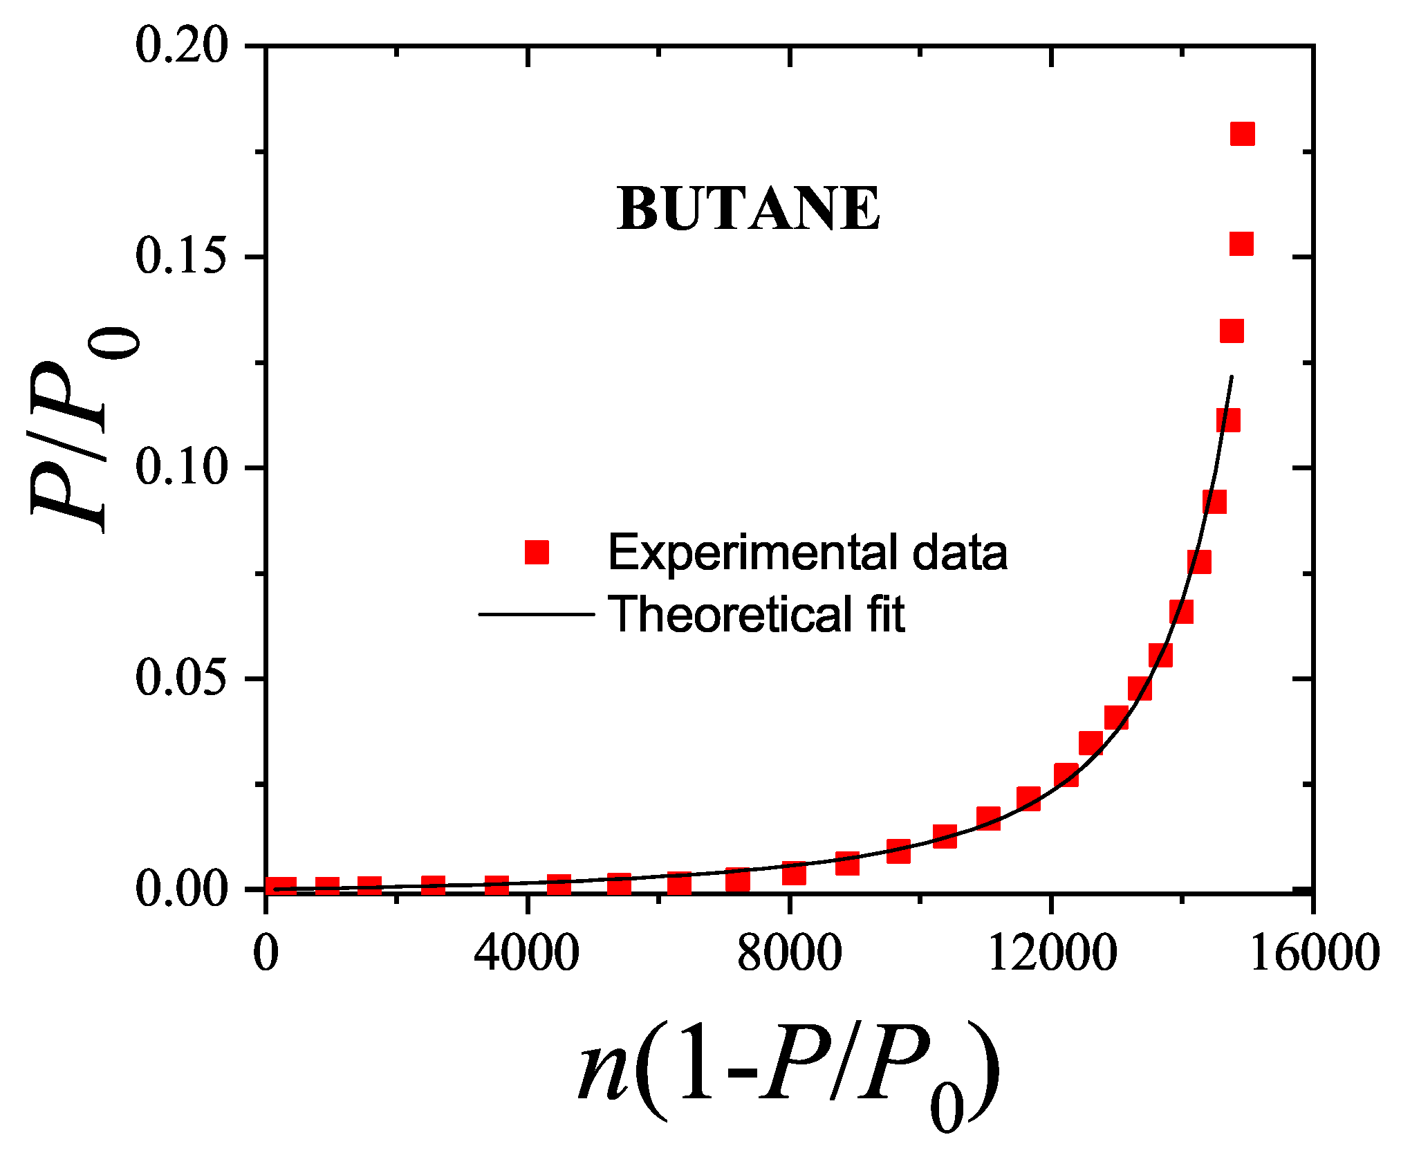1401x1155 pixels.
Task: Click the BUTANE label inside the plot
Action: [748, 209]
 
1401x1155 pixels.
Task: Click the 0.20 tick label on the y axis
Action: [181, 46]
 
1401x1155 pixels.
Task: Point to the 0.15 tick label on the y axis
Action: [181, 257]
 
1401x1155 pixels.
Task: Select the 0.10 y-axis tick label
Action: [181, 468]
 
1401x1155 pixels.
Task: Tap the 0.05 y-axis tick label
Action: [181, 678]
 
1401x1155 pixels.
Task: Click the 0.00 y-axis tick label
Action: [181, 889]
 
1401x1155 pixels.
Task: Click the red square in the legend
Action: [537, 553]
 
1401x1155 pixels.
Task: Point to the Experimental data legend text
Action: [807, 553]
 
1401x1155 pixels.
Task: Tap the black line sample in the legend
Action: [537, 614]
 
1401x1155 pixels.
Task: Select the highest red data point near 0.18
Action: [1243, 134]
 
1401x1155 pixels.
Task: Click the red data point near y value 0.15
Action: [1242, 244]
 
